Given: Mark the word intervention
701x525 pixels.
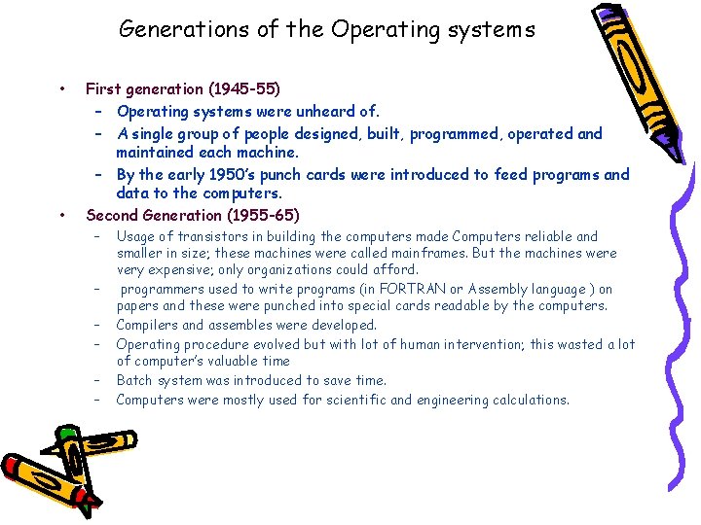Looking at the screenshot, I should click(484, 344).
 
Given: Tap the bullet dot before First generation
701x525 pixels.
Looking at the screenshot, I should click(62, 89).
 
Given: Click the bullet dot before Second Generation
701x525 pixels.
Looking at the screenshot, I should click(62, 215).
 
